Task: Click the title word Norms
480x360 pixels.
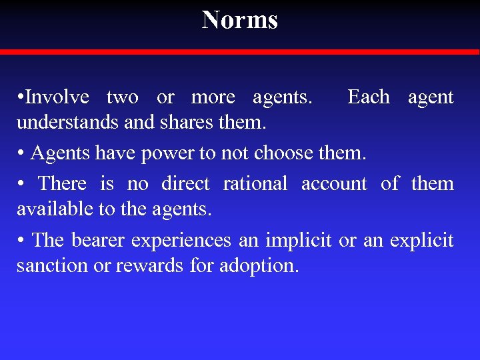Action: click(240, 20)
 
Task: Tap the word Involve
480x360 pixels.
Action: click(58, 97)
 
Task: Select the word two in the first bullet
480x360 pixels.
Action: click(123, 97)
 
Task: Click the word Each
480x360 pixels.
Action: click(369, 97)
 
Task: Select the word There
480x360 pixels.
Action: click(62, 183)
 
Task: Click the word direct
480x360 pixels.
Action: click(185, 183)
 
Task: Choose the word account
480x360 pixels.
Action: click(334, 183)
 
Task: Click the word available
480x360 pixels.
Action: click(55, 209)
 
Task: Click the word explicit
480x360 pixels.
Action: click(423, 240)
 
